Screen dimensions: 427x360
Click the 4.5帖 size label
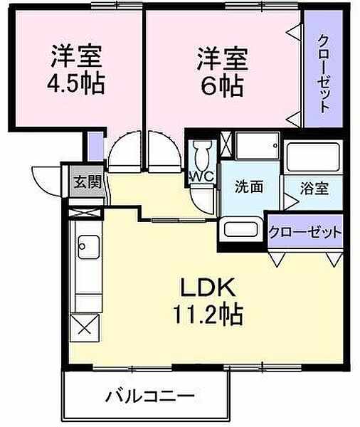(77, 84)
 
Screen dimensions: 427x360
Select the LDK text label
(207, 289)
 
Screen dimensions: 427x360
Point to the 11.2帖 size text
(207, 313)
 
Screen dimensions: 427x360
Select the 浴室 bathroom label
(314, 189)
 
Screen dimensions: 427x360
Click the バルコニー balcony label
(150, 395)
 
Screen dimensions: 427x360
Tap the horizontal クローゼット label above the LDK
(305, 233)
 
